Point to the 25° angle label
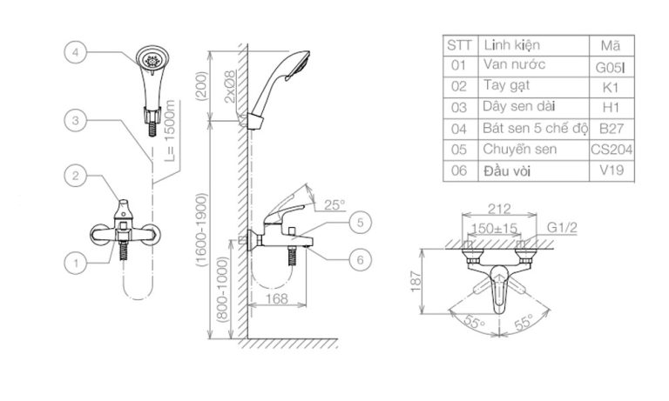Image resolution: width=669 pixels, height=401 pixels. [334, 205]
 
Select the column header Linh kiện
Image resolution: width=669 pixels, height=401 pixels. [511, 44]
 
